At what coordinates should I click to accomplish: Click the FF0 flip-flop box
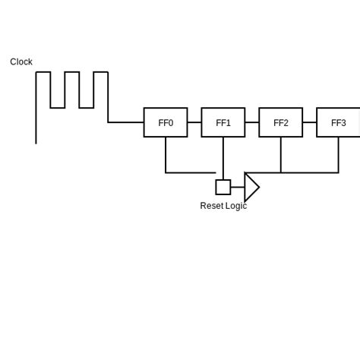coord(166,122)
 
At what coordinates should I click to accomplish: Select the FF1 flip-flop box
coord(223,122)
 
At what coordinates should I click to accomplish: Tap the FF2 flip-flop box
coord(281,122)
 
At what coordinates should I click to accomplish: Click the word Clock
coord(21,62)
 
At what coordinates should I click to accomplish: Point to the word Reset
coord(211,206)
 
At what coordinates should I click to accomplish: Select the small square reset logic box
coord(223,187)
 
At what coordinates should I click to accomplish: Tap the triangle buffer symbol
coord(251,187)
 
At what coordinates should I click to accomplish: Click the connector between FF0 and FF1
coord(194,122)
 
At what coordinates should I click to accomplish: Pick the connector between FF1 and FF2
coord(252,122)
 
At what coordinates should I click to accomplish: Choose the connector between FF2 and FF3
coord(310,122)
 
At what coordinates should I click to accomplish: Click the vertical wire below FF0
coord(166,154)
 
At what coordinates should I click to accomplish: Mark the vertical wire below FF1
coord(223,158)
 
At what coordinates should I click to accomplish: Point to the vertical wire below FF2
coord(281,154)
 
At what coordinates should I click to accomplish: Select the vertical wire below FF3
coord(339,154)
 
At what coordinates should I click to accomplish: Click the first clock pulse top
coord(43,72)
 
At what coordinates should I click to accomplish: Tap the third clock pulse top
coord(101,72)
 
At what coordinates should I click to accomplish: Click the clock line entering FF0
coord(126,122)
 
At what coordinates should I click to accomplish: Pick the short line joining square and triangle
coord(237,187)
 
